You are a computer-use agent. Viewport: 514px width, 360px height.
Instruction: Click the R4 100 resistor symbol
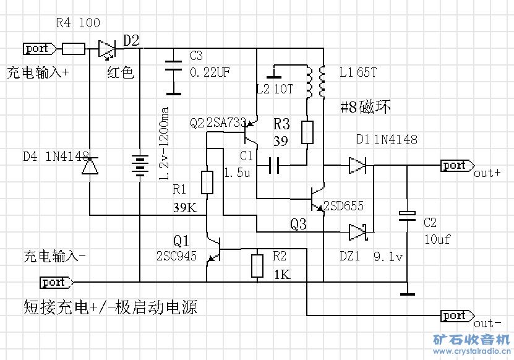point(74,48)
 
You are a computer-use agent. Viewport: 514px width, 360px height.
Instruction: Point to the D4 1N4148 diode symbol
point(90,166)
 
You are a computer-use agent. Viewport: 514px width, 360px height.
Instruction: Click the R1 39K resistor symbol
point(207,182)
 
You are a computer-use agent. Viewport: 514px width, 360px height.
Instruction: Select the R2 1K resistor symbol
point(257,265)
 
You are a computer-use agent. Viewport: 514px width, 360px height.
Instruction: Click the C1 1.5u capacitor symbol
point(273,165)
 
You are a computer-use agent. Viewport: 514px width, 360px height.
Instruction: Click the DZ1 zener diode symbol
point(358,232)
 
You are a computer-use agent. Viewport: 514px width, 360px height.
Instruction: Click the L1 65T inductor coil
point(322,80)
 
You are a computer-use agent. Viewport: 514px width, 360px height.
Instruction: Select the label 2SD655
point(344,206)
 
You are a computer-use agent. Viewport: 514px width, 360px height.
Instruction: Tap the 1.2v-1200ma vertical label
point(164,144)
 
